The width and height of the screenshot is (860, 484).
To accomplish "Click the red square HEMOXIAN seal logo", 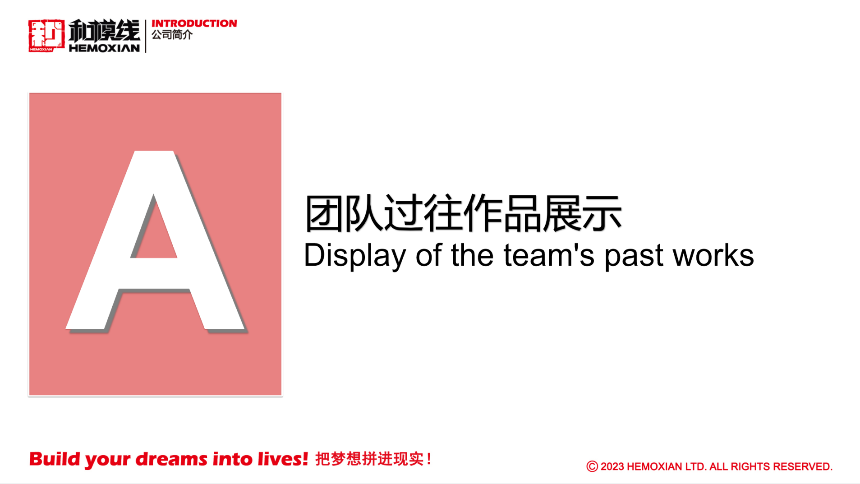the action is pos(46,36).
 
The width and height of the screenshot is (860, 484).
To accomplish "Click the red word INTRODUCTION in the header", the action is pos(194,23).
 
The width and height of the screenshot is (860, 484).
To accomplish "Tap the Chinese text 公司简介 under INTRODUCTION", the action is pos(172,35).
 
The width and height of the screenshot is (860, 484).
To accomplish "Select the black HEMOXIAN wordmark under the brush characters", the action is pos(104,48).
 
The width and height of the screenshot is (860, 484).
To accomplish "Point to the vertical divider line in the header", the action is pos(146,36).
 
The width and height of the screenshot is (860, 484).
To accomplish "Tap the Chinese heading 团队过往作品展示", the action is pos(463,213).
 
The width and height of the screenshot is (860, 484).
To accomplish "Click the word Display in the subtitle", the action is pos(355,256).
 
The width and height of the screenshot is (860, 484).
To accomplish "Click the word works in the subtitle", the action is pos(713,255).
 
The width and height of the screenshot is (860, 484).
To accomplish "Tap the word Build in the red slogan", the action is pos(55,459).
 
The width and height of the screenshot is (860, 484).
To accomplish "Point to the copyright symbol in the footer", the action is pos(592,466).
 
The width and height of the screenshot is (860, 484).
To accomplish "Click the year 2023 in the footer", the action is pos(612,466).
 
